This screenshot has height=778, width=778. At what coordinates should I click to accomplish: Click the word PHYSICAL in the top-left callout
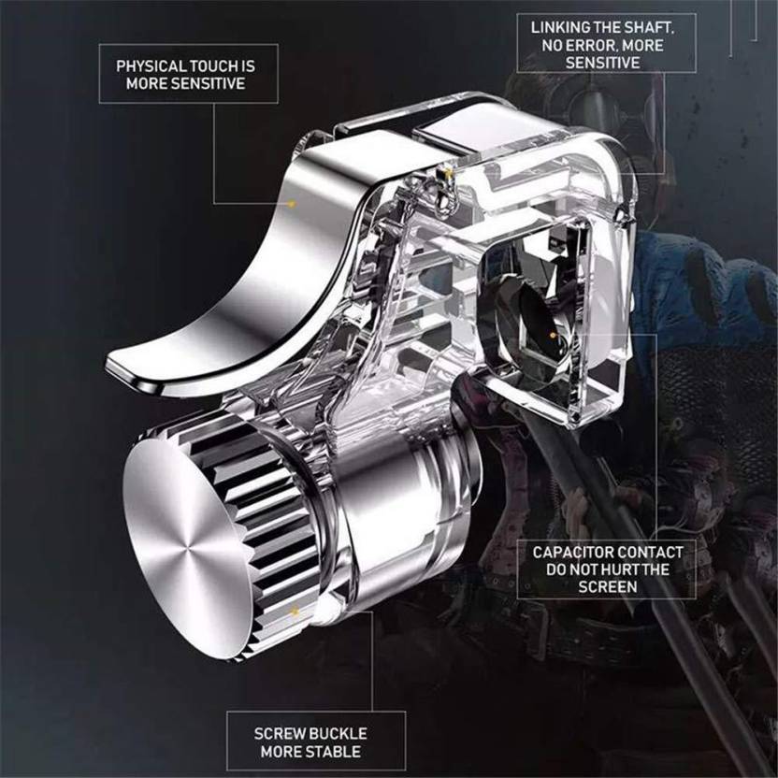click(149, 66)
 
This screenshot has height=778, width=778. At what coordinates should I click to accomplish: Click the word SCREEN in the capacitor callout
click(607, 587)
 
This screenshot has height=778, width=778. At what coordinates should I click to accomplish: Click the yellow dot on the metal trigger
click(293, 204)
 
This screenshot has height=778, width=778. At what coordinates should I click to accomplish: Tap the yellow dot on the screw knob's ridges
click(295, 612)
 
